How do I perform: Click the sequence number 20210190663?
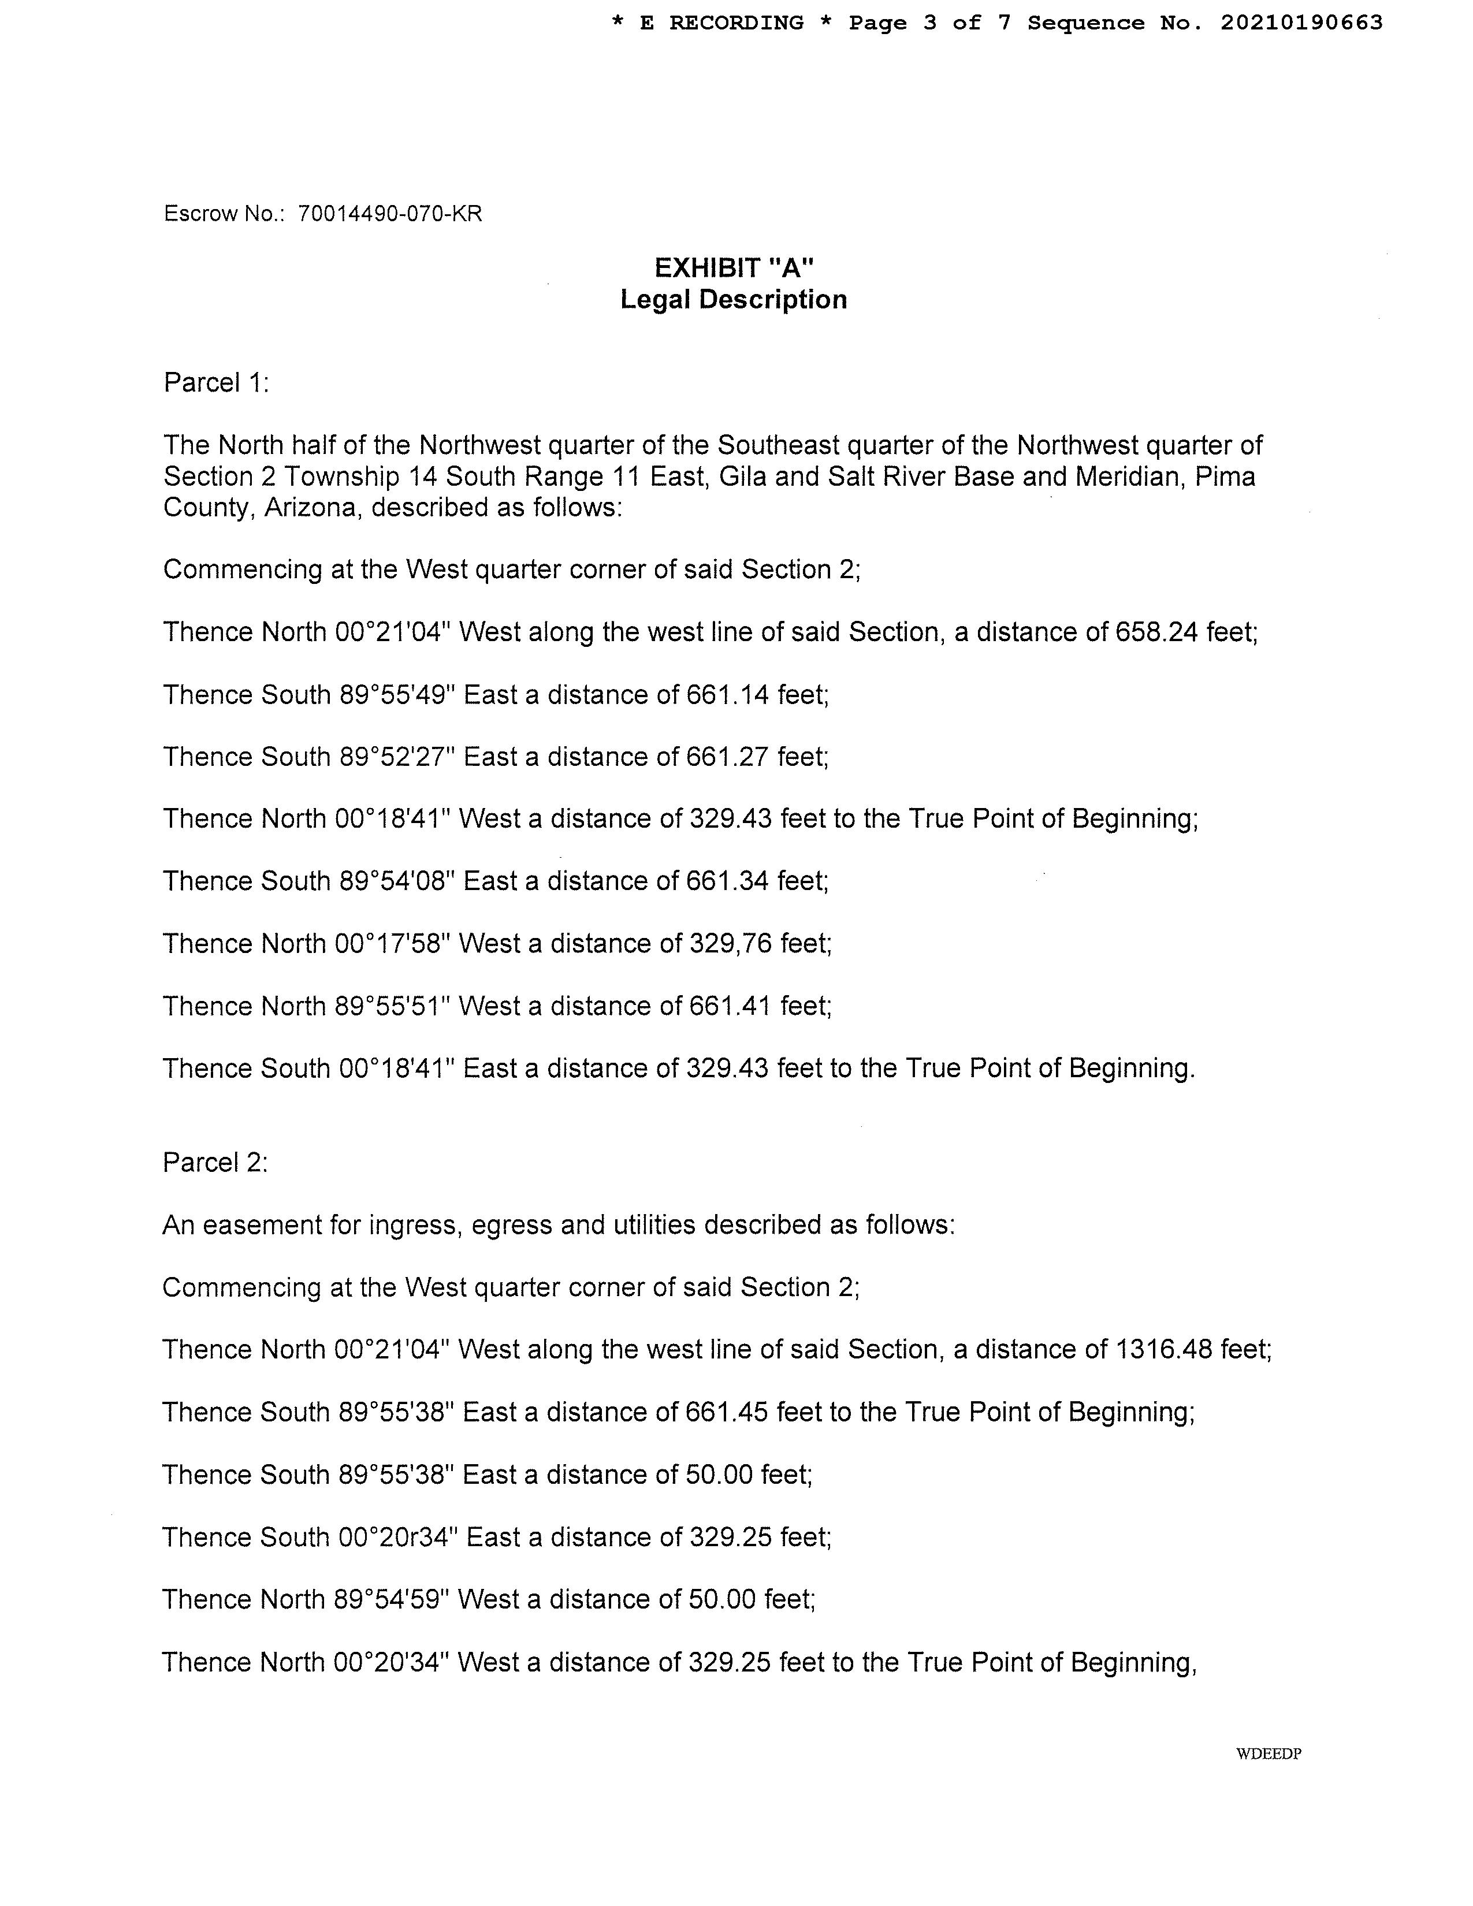1301,23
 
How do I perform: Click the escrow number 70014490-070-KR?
389,214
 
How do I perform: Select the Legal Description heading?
733,299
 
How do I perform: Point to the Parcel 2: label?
215,1163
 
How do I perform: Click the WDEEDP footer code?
1268,1754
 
